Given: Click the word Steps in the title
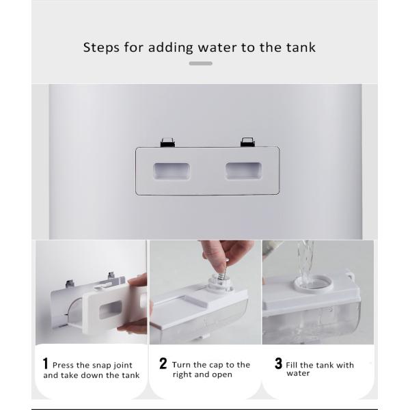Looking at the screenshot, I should click(x=100, y=48).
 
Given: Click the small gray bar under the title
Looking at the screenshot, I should click(x=200, y=64).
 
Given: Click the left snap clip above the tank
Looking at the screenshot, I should click(x=167, y=142).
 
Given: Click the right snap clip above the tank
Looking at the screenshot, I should click(x=247, y=142).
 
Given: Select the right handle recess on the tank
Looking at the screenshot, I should click(x=244, y=171).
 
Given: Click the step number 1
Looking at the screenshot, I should click(x=46, y=364).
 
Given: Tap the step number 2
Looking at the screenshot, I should click(x=163, y=364).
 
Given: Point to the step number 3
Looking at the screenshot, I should click(x=278, y=364).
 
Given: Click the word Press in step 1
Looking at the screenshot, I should click(x=64, y=365).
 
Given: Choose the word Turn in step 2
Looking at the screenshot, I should click(x=182, y=365).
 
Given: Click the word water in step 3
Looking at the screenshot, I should click(x=298, y=374).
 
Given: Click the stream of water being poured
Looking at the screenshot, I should click(x=305, y=263).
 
